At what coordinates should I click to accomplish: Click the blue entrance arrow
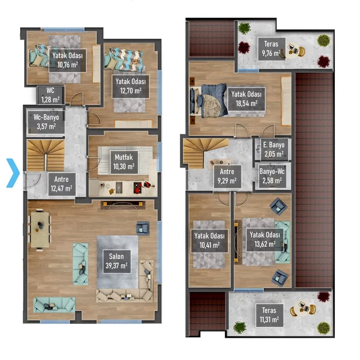tap(13, 173)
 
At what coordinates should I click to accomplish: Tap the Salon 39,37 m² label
tap(117, 261)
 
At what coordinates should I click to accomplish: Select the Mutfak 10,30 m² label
tap(124, 162)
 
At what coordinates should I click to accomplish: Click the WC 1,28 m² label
tap(50, 95)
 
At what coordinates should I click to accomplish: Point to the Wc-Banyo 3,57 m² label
tap(46, 121)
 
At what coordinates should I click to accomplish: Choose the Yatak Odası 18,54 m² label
tap(246, 99)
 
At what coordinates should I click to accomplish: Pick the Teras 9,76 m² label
tap(271, 49)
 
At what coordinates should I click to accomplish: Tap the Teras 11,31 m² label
tap(269, 315)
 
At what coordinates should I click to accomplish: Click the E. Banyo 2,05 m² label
tap(274, 150)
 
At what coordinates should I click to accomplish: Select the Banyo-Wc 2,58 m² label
tap(272, 176)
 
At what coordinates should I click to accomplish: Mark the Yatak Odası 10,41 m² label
tap(209, 241)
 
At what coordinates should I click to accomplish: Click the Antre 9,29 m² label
tap(227, 176)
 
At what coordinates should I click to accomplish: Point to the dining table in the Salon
tap(40, 229)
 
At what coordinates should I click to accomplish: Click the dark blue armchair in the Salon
tap(143, 228)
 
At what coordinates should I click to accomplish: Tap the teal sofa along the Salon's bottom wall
tap(54, 305)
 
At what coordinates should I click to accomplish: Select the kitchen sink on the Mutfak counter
tap(119, 188)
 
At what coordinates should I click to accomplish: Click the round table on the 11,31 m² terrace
tap(303, 309)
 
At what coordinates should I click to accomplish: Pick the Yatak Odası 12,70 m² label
tap(130, 86)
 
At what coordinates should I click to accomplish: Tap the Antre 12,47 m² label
tap(62, 184)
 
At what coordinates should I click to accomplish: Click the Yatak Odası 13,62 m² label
tap(265, 240)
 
